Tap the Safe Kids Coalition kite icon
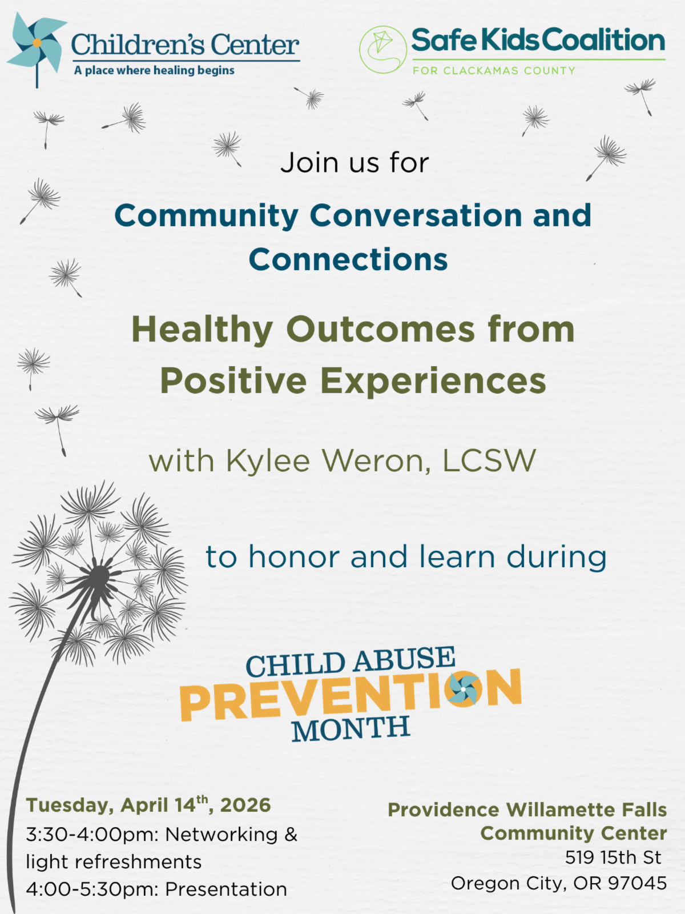coord(382,49)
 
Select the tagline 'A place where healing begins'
coord(154,71)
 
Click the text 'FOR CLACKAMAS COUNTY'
coord(494,71)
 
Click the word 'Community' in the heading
coord(207,217)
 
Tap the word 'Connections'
coord(348,260)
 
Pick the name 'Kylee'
coord(268,462)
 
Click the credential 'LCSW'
coord(489,461)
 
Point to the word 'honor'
coord(294,557)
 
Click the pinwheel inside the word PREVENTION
coord(464,689)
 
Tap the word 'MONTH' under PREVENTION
coord(351,729)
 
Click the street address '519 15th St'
coord(613,857)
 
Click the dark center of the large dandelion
coord(99,576)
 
